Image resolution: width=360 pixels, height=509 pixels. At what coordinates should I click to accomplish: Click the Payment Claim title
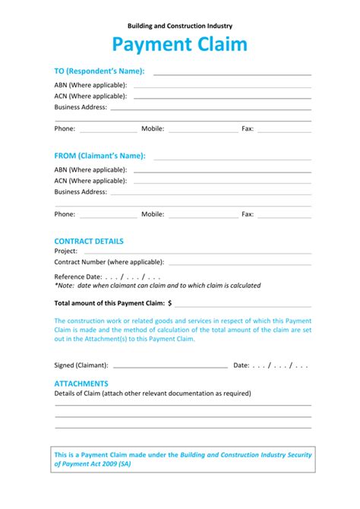coord(180,45)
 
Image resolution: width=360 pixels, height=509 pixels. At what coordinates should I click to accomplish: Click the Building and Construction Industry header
coord(180,26)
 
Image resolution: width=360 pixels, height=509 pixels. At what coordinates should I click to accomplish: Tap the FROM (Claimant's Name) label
coord(99,156)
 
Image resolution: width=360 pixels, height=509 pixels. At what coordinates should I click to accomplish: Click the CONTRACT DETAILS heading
coord(89,241)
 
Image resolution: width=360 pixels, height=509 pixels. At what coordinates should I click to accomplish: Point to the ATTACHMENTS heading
coord(81,384)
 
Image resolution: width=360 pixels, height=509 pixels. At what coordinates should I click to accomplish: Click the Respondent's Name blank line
coord(232,74)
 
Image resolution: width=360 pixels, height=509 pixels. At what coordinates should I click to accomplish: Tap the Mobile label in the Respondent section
coord(153,129)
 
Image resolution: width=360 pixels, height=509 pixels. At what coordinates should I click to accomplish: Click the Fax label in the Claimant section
coord(248,214)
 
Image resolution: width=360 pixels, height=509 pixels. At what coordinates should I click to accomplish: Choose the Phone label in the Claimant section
coord(65,214)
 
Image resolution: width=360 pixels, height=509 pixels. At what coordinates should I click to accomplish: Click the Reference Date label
coord(78,277)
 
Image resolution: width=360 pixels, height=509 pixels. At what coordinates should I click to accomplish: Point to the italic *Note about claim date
coord(157,286)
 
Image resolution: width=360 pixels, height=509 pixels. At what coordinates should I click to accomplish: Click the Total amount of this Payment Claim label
coord(110,302)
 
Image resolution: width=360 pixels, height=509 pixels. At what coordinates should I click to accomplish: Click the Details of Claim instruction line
coord(152,394)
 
